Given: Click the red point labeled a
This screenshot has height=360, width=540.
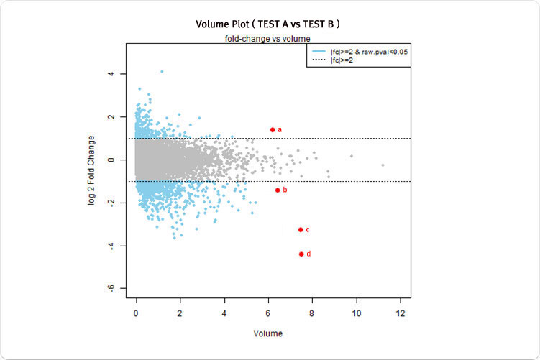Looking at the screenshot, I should (x=273, y=129).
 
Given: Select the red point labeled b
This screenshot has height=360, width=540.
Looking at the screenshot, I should (x=278, y=190).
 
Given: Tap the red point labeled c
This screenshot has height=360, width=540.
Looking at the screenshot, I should (x=300, y=229).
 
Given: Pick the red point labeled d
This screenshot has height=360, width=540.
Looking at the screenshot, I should (x=301, y=254).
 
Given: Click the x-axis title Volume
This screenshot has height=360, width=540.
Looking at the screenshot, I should (x=268, y=333).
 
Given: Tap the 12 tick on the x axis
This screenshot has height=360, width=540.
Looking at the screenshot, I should (x=401, y=314).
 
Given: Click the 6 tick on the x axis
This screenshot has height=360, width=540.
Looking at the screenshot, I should (x=268, y=314).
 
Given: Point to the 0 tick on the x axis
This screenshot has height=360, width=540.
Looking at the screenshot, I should (x=137, y=314).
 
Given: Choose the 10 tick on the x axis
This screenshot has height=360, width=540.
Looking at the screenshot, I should (x=357, y=314).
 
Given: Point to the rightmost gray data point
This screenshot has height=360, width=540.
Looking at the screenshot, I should (x=383, y=165).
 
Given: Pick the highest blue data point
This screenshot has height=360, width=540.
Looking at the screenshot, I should (x=162, y=71).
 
